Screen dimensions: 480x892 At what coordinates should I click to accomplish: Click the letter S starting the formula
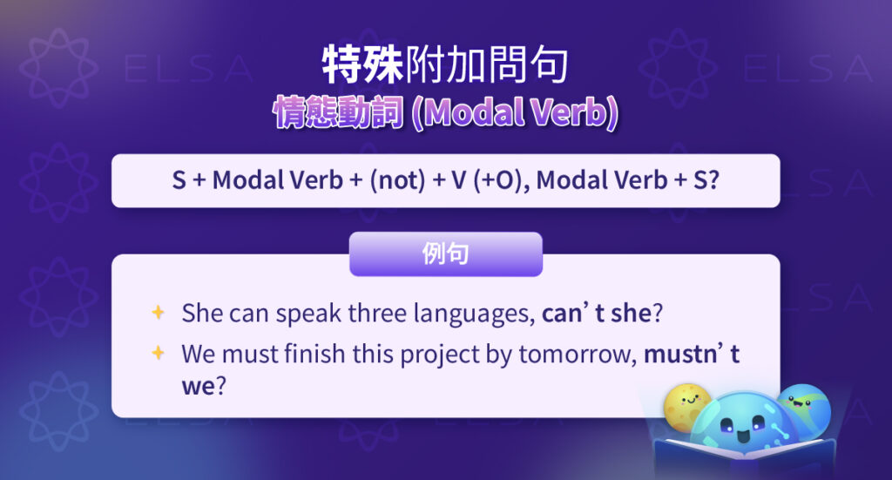click(179, 181)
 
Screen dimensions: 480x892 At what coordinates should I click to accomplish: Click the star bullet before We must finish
click(158, 353)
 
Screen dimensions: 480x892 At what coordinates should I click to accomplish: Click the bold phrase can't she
click(596, 314)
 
